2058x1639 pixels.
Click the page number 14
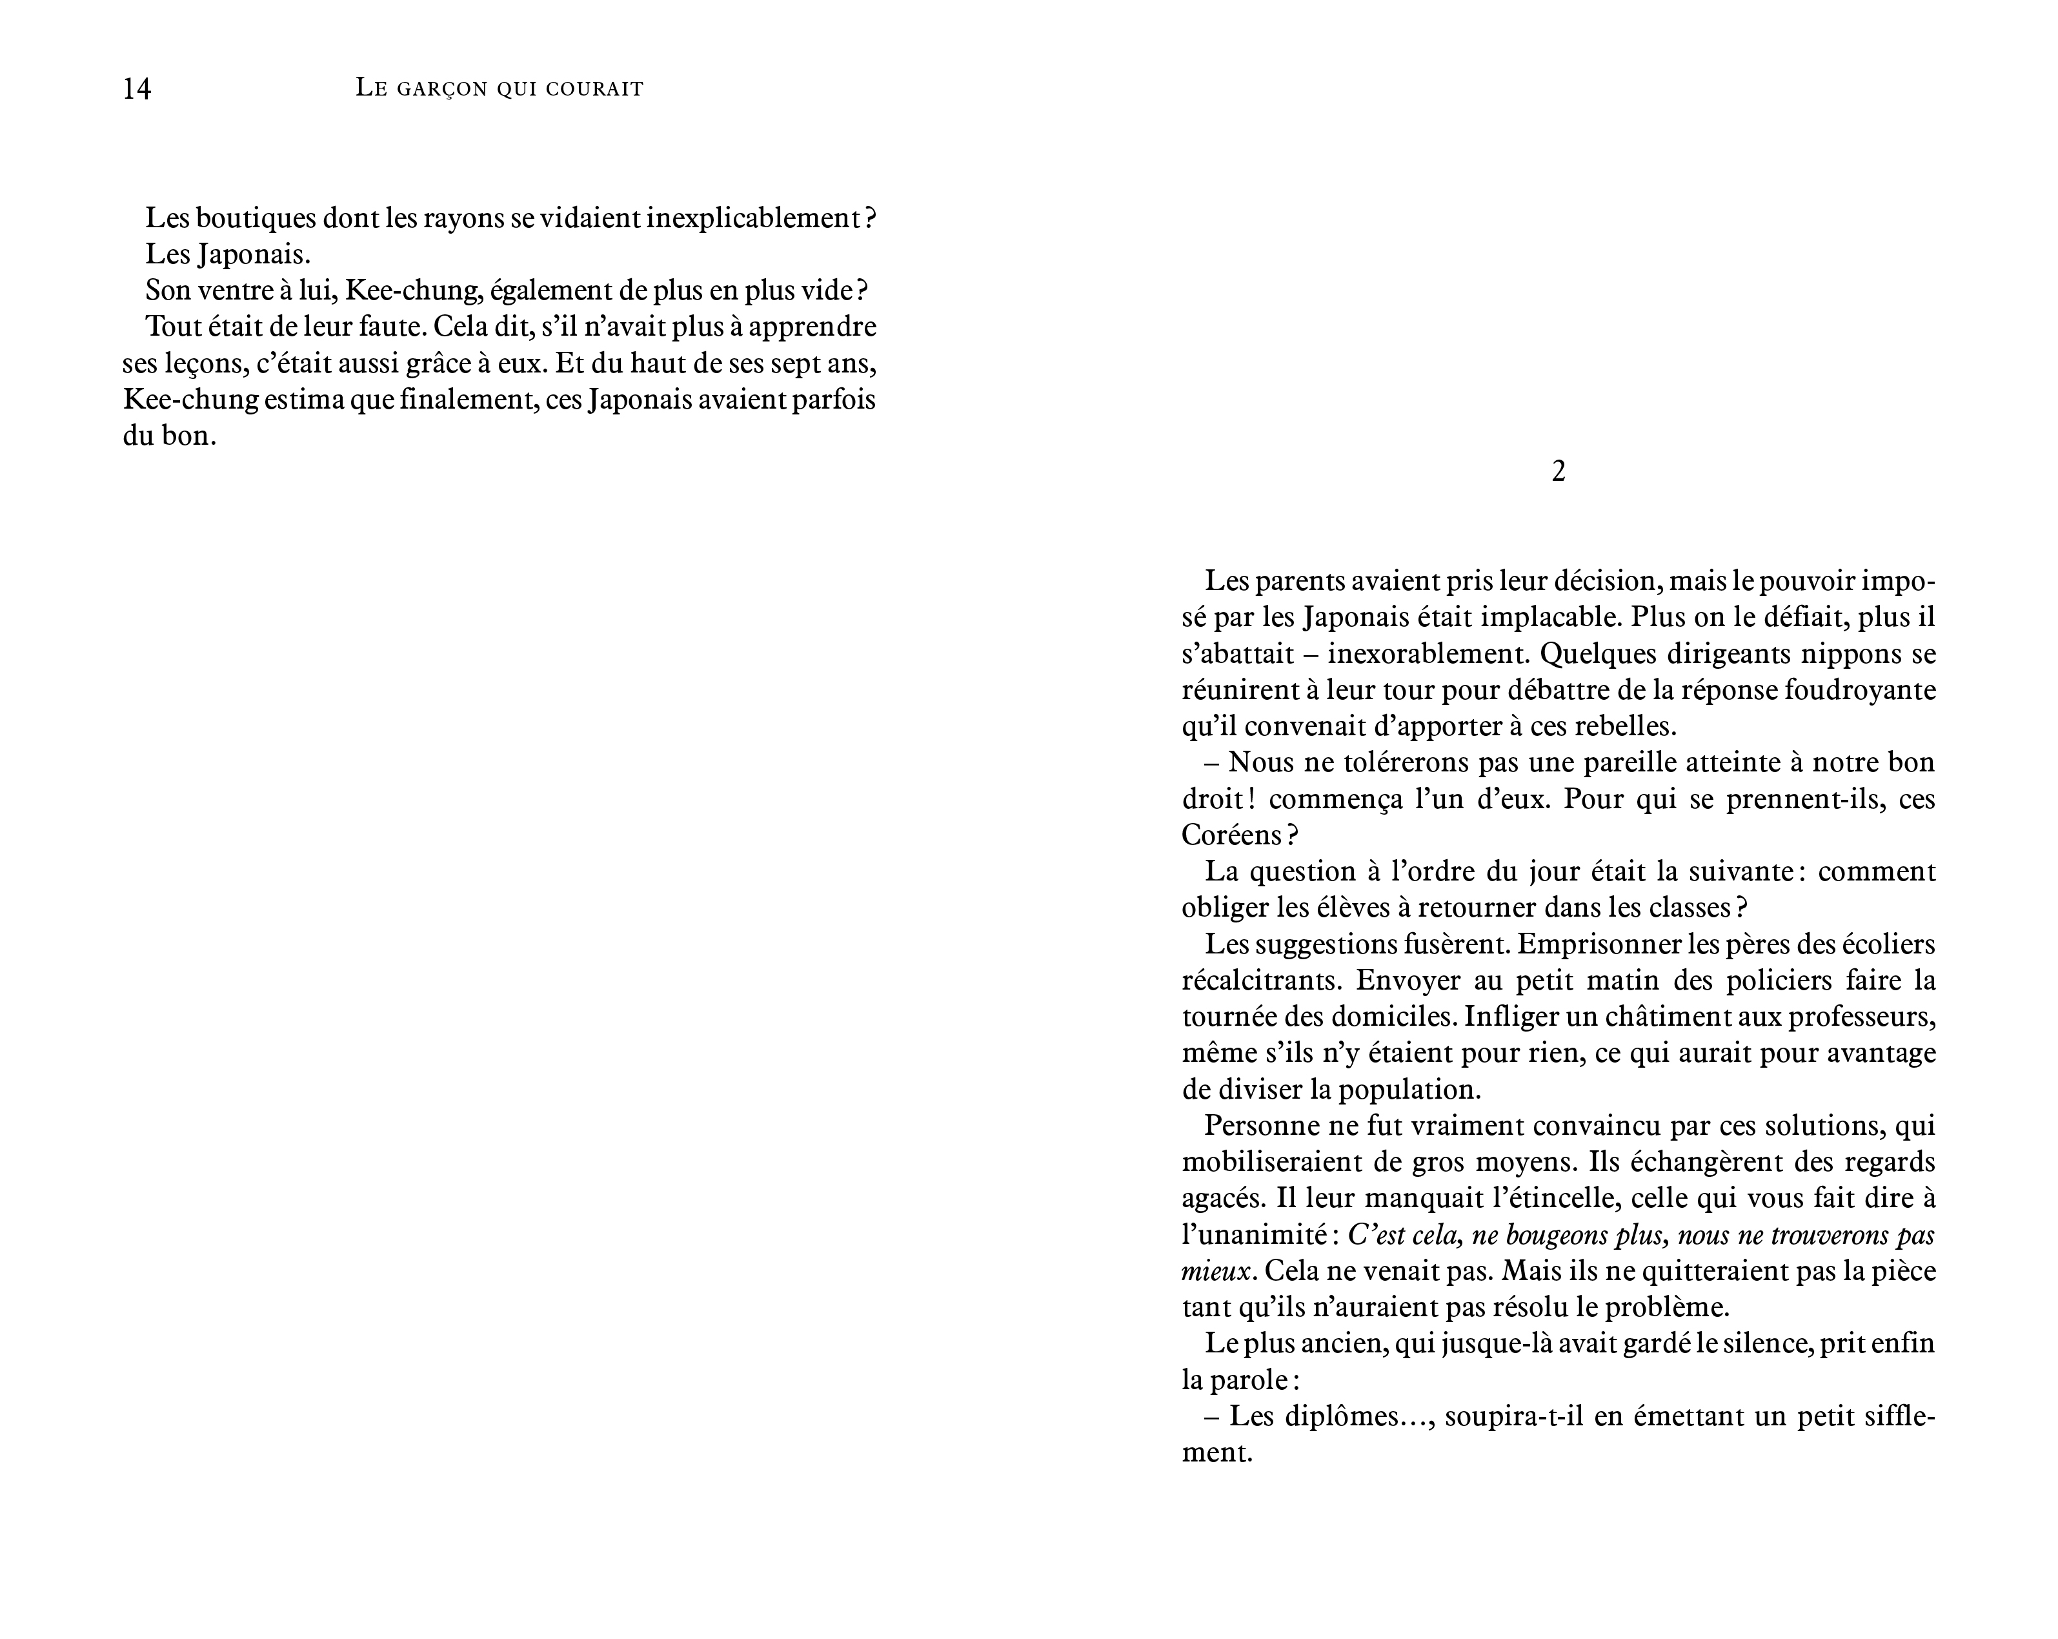tap(137, 89)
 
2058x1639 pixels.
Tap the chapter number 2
tap(1558, 471)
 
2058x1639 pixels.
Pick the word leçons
tap(199, 363)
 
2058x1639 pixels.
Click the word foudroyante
tap(1855, 690)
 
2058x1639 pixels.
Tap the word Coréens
tap(1231, 835)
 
